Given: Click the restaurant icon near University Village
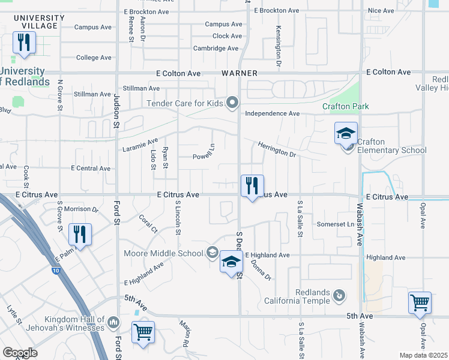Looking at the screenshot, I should (24, 43).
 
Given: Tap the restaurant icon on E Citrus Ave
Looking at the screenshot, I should (252, 185).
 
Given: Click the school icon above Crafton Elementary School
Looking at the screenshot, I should (346, 133).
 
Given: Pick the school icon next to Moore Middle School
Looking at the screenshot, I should (231, 262).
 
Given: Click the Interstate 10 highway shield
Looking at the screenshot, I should (55, 271).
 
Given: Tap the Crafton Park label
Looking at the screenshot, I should (345, 107).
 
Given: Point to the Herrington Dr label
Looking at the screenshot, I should (278, 149).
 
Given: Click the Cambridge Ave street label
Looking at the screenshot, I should (217, 49).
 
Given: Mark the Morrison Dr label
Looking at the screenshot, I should (82, 209).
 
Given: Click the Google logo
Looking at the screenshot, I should (20, 353).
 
